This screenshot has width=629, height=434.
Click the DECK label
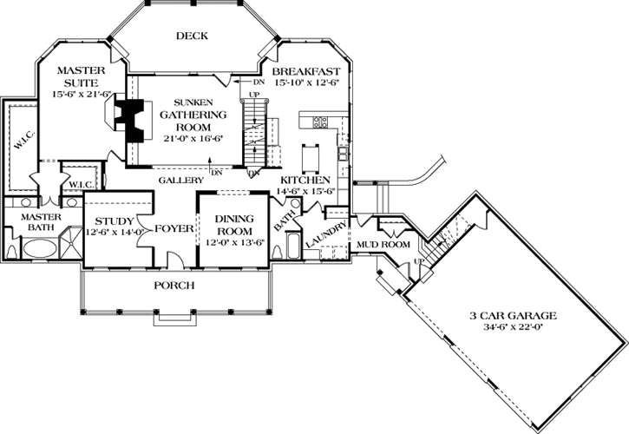[x=191, y=36]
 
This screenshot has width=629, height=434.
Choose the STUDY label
[x=114, y=220]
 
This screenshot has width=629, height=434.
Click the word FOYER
[x=174, y=230]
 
